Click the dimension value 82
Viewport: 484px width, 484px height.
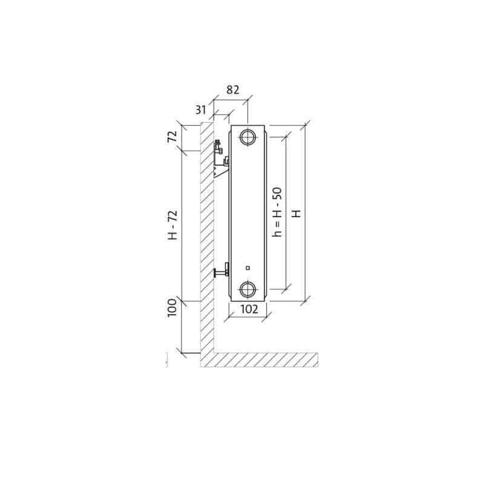click(x=233, y=90)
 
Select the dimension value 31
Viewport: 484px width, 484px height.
click(x=201, y=110)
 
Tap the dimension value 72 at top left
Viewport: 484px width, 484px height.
click(x=172, y=136)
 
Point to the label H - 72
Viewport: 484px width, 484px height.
click(x=172, y=225)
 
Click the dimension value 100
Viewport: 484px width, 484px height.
click(x=172, y=307)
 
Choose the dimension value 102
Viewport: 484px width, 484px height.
click(x=249, y=309)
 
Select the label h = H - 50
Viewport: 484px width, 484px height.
click(x=277, y=212)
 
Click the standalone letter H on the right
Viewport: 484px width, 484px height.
click(x=296, y=214)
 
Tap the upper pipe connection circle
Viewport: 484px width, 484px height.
click(x=247, y=137)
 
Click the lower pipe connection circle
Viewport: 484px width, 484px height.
click(x=247, y=289)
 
